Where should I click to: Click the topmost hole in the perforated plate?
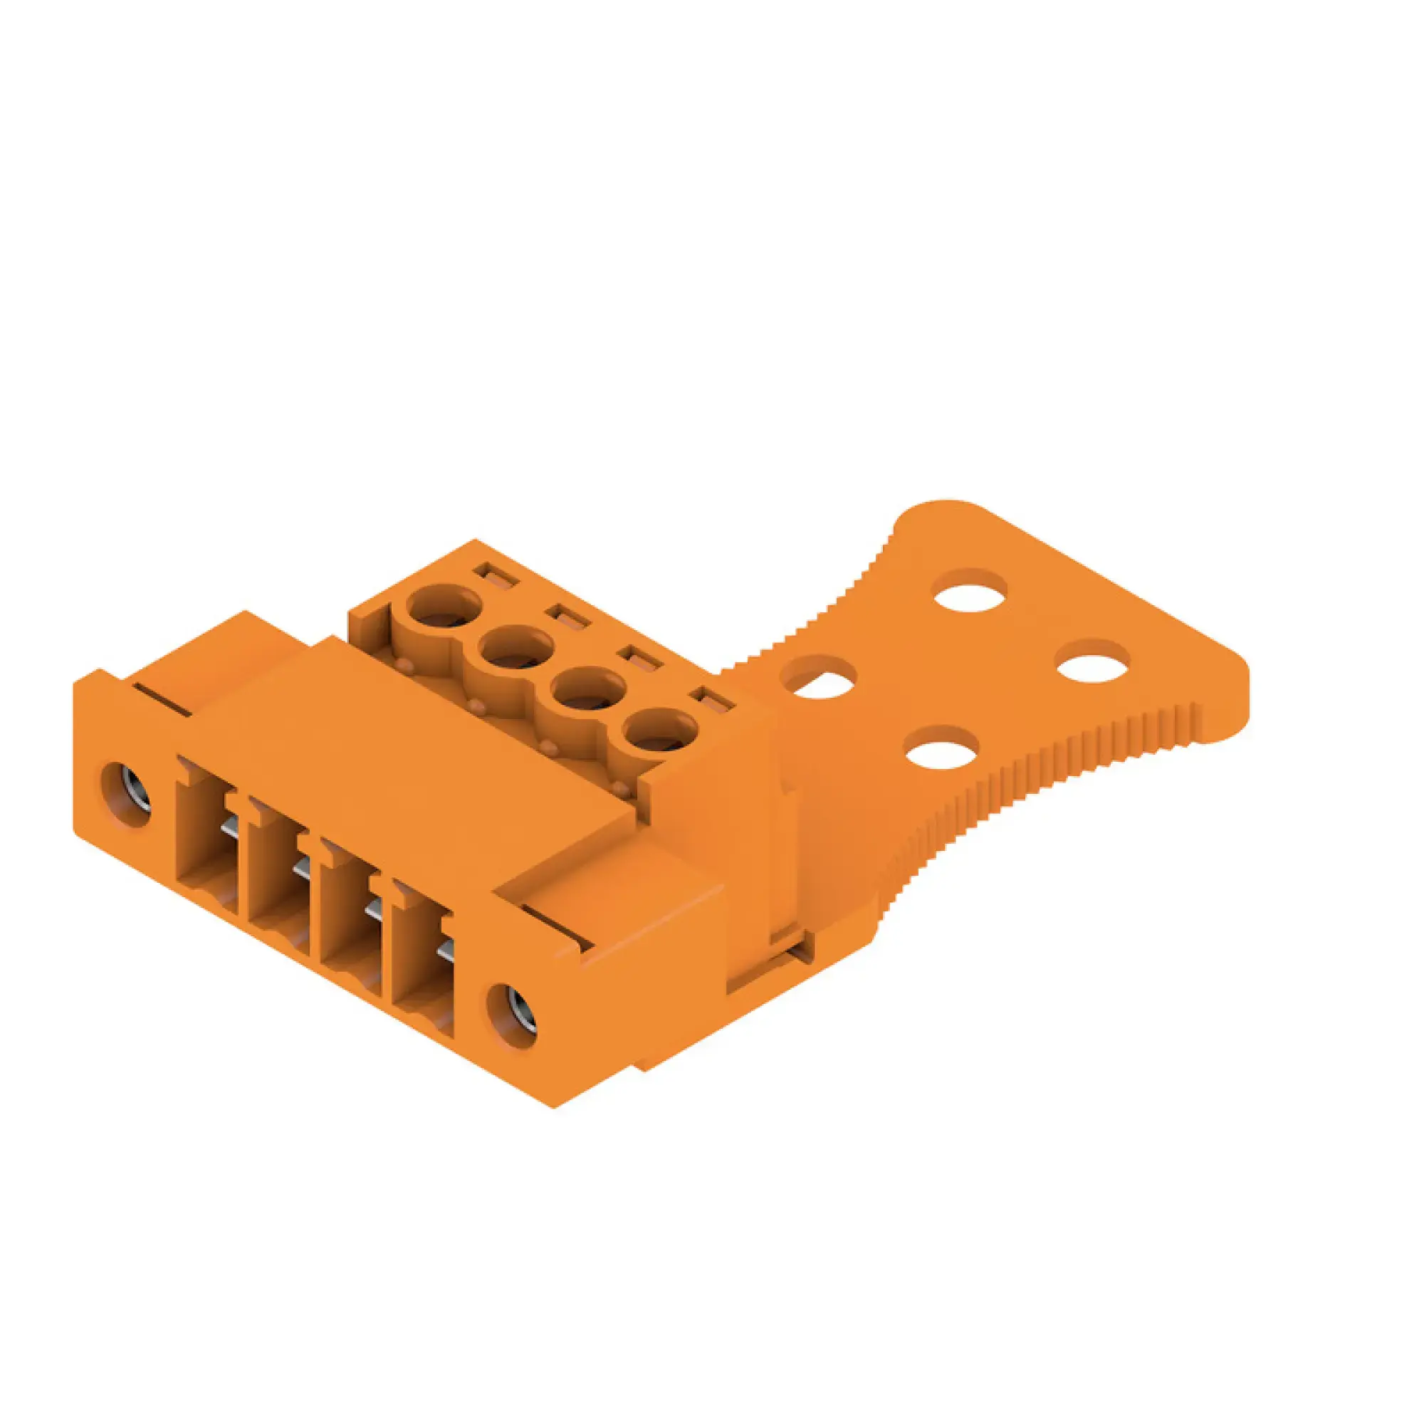click(x=970, y=590)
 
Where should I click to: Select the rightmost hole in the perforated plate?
click(x=1093, y=661)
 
